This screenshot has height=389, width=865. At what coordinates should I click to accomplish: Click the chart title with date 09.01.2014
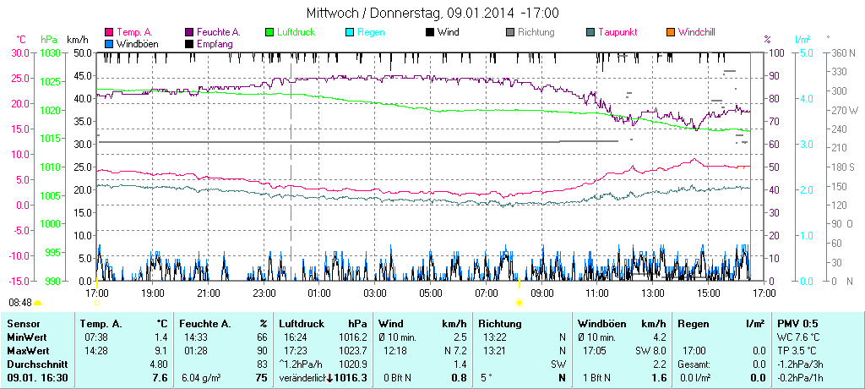432,14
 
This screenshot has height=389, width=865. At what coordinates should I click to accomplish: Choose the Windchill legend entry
696,32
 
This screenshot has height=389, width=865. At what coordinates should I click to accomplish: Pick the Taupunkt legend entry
617,32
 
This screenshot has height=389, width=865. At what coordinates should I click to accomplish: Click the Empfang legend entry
214,43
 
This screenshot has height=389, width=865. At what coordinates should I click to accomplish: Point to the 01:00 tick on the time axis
318,293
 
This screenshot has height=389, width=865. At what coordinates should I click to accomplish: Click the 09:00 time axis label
541,293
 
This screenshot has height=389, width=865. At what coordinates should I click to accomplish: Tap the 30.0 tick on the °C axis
20,52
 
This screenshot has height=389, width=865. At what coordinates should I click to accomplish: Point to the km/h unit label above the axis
78,40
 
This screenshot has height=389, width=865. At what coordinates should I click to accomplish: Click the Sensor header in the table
24,324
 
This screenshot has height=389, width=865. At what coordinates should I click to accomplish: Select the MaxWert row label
29,350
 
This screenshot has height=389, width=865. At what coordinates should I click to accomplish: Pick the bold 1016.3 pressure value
351,377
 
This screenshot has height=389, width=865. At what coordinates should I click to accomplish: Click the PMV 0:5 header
798,324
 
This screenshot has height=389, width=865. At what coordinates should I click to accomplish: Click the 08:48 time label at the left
20,302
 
